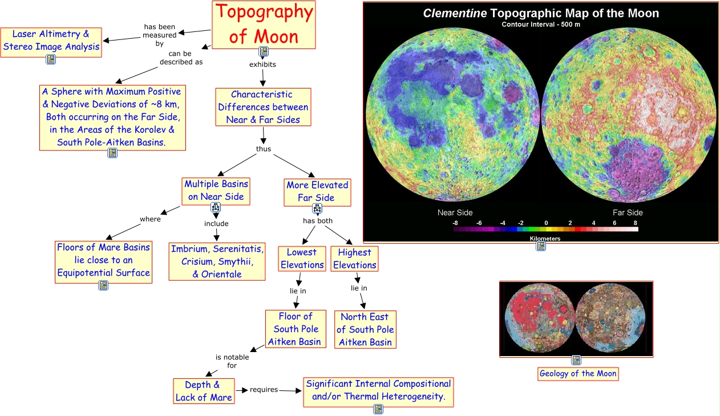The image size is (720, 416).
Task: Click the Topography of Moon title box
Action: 263,24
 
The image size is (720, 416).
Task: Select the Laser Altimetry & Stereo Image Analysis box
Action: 51,41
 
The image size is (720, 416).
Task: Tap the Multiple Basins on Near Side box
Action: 216,190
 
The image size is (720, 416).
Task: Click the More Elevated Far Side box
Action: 317,191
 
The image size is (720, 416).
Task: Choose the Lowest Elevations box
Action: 302,259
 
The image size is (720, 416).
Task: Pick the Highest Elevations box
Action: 354,259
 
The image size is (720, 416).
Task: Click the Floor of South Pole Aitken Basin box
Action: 296,329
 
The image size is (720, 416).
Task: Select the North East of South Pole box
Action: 365,329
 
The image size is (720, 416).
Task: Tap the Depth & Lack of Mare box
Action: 204,391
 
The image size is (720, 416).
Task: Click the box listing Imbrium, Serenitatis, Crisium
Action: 217,261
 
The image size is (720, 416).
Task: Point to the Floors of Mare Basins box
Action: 103,260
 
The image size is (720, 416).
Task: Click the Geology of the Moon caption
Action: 578,374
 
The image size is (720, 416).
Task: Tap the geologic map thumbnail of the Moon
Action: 576,319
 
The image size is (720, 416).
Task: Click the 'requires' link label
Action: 264,390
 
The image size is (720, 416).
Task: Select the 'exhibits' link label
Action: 262,64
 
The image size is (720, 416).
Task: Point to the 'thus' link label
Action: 264,149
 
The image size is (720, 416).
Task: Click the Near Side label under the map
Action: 455,213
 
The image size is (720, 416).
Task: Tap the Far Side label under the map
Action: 628,213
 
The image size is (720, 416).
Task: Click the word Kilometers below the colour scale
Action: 545,239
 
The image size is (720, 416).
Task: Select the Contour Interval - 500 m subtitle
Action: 541,25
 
